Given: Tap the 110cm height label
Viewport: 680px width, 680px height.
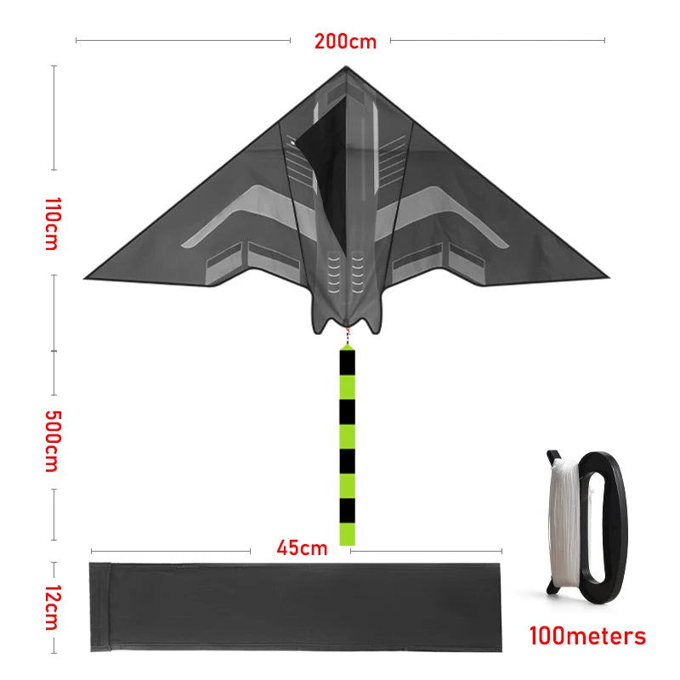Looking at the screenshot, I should [x=52, y=224].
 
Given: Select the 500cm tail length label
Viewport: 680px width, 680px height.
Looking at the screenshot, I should [x=52, y=441].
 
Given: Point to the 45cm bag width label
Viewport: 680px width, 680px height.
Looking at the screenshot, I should [x=301, y=547].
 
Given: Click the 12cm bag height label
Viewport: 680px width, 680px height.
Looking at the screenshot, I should [x=52, y=607].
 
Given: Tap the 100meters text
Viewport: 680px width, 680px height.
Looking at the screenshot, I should [x=587, y=636].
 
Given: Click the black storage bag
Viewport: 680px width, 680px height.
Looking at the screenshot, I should [x=297, y=607].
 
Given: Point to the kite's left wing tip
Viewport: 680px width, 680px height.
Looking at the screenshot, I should [x=88, y=276].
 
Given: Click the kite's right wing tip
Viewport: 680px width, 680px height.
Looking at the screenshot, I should [x=607, y=276].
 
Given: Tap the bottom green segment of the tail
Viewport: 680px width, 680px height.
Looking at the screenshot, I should [x=348, y=533].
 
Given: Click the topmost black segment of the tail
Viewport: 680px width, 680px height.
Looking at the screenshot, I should [x=348, y=361].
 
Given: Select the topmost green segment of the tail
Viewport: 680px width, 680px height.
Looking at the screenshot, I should [x=348, y=387].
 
